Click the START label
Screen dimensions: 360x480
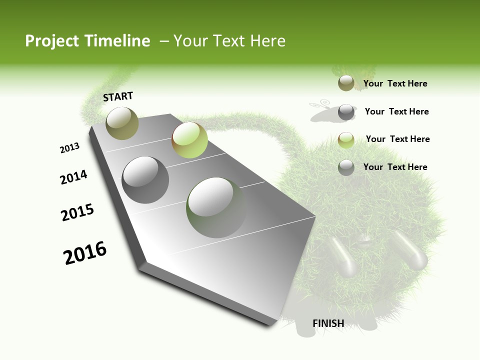118,96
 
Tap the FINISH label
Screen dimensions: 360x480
328,323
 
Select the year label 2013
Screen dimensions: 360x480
70,148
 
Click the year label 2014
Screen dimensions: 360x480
74,177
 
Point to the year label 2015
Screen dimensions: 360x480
77,212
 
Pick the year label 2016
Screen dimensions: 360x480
85,253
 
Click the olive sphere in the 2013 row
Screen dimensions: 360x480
122,123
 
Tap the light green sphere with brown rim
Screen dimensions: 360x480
189,140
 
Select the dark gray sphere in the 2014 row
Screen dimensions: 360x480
145,180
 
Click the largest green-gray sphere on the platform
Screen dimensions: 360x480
216,207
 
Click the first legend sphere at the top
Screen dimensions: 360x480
346,83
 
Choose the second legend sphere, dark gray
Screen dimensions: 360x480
346,112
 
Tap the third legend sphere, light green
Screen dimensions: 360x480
346,139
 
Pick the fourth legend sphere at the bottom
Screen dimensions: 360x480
346,167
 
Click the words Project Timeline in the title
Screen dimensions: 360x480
87,41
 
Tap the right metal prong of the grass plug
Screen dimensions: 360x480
411,250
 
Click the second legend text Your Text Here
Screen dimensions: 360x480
396,111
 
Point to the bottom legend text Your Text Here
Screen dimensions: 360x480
395,167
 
